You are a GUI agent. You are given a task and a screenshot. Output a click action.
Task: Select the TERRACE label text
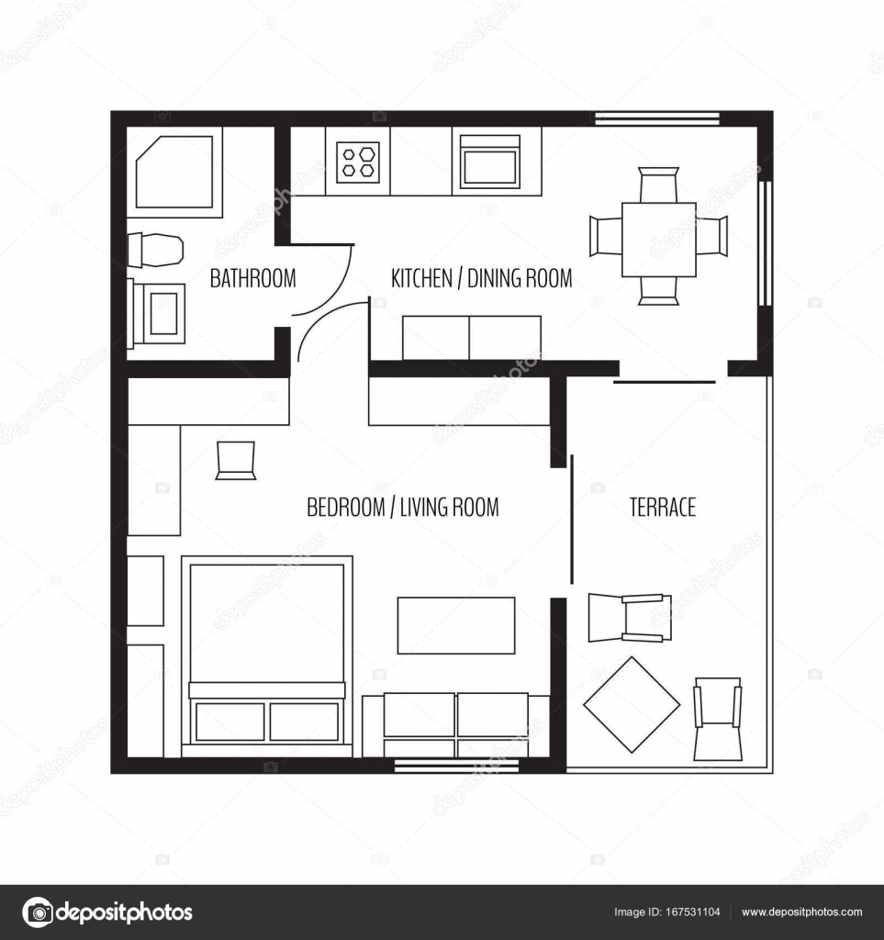pyautogui.click(x=662, y=507)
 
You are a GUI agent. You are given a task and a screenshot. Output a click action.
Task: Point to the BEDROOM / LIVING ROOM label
pyautogui.click(x=402, y=507)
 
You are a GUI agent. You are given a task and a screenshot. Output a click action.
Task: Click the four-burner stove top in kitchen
pyautogui.click(x=358, y=162)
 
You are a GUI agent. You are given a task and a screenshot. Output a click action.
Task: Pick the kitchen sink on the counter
pyautogui.click(x=489, y=162)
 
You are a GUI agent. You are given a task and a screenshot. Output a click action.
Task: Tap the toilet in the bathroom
pyautogui.click(x=156, y=249)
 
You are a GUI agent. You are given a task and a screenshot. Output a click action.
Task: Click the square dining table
pyautogui.click(x=658, y=239)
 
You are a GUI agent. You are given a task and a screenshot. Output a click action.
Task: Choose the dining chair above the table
pyautogui.click(x=658, y=184)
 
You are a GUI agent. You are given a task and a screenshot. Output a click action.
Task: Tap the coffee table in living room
pyautogui.click(x=455, y=625)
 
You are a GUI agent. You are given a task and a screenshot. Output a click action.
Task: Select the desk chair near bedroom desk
pyautogui.click(x=235, y=460)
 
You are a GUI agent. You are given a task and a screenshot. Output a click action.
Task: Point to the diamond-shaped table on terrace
pyautogui.click(x=632, y=705)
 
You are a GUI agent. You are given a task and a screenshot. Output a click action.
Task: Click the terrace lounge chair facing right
pyautogui.click(x=630, y=617)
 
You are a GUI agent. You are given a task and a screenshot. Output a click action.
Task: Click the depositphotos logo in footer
pyautogui.click(x=107, y=912)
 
